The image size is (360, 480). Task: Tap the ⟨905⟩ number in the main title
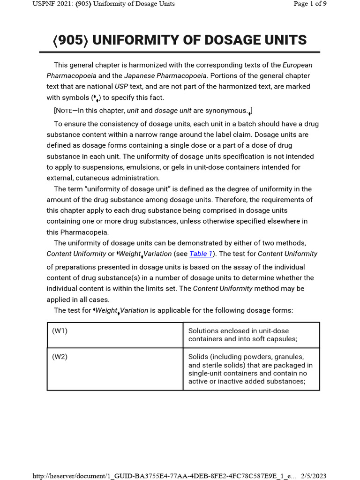[70, 40]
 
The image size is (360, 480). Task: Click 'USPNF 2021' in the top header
[50, 4]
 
